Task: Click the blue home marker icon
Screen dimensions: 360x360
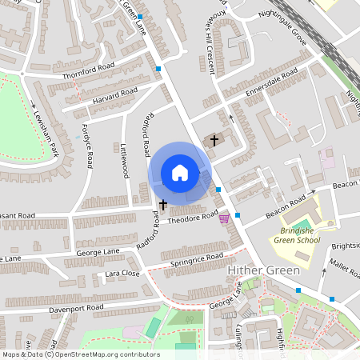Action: pyautogui.click(x=180, y=173)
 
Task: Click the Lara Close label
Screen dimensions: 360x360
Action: pyautogui.click(x=123, y=274)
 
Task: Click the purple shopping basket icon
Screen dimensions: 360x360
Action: pyautogui.click(x=224, y=217)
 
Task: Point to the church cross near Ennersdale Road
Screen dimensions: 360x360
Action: pyautogui.click(x=214, y=140)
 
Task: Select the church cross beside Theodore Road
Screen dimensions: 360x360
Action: pyautogui.click(x=163, y=205)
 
